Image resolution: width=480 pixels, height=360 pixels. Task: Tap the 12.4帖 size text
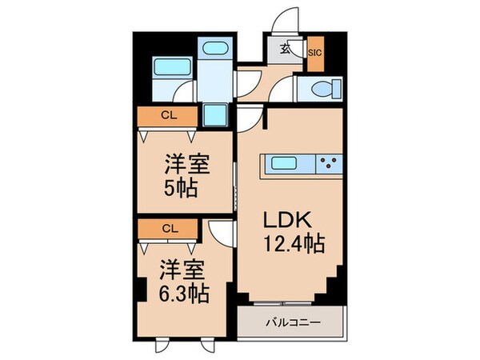(293, 241)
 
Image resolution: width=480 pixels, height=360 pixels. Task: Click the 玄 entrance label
(285, 49)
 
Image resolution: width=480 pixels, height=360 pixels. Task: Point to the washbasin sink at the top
(214, 47)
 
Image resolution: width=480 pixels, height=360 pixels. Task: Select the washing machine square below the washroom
(214, 114)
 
